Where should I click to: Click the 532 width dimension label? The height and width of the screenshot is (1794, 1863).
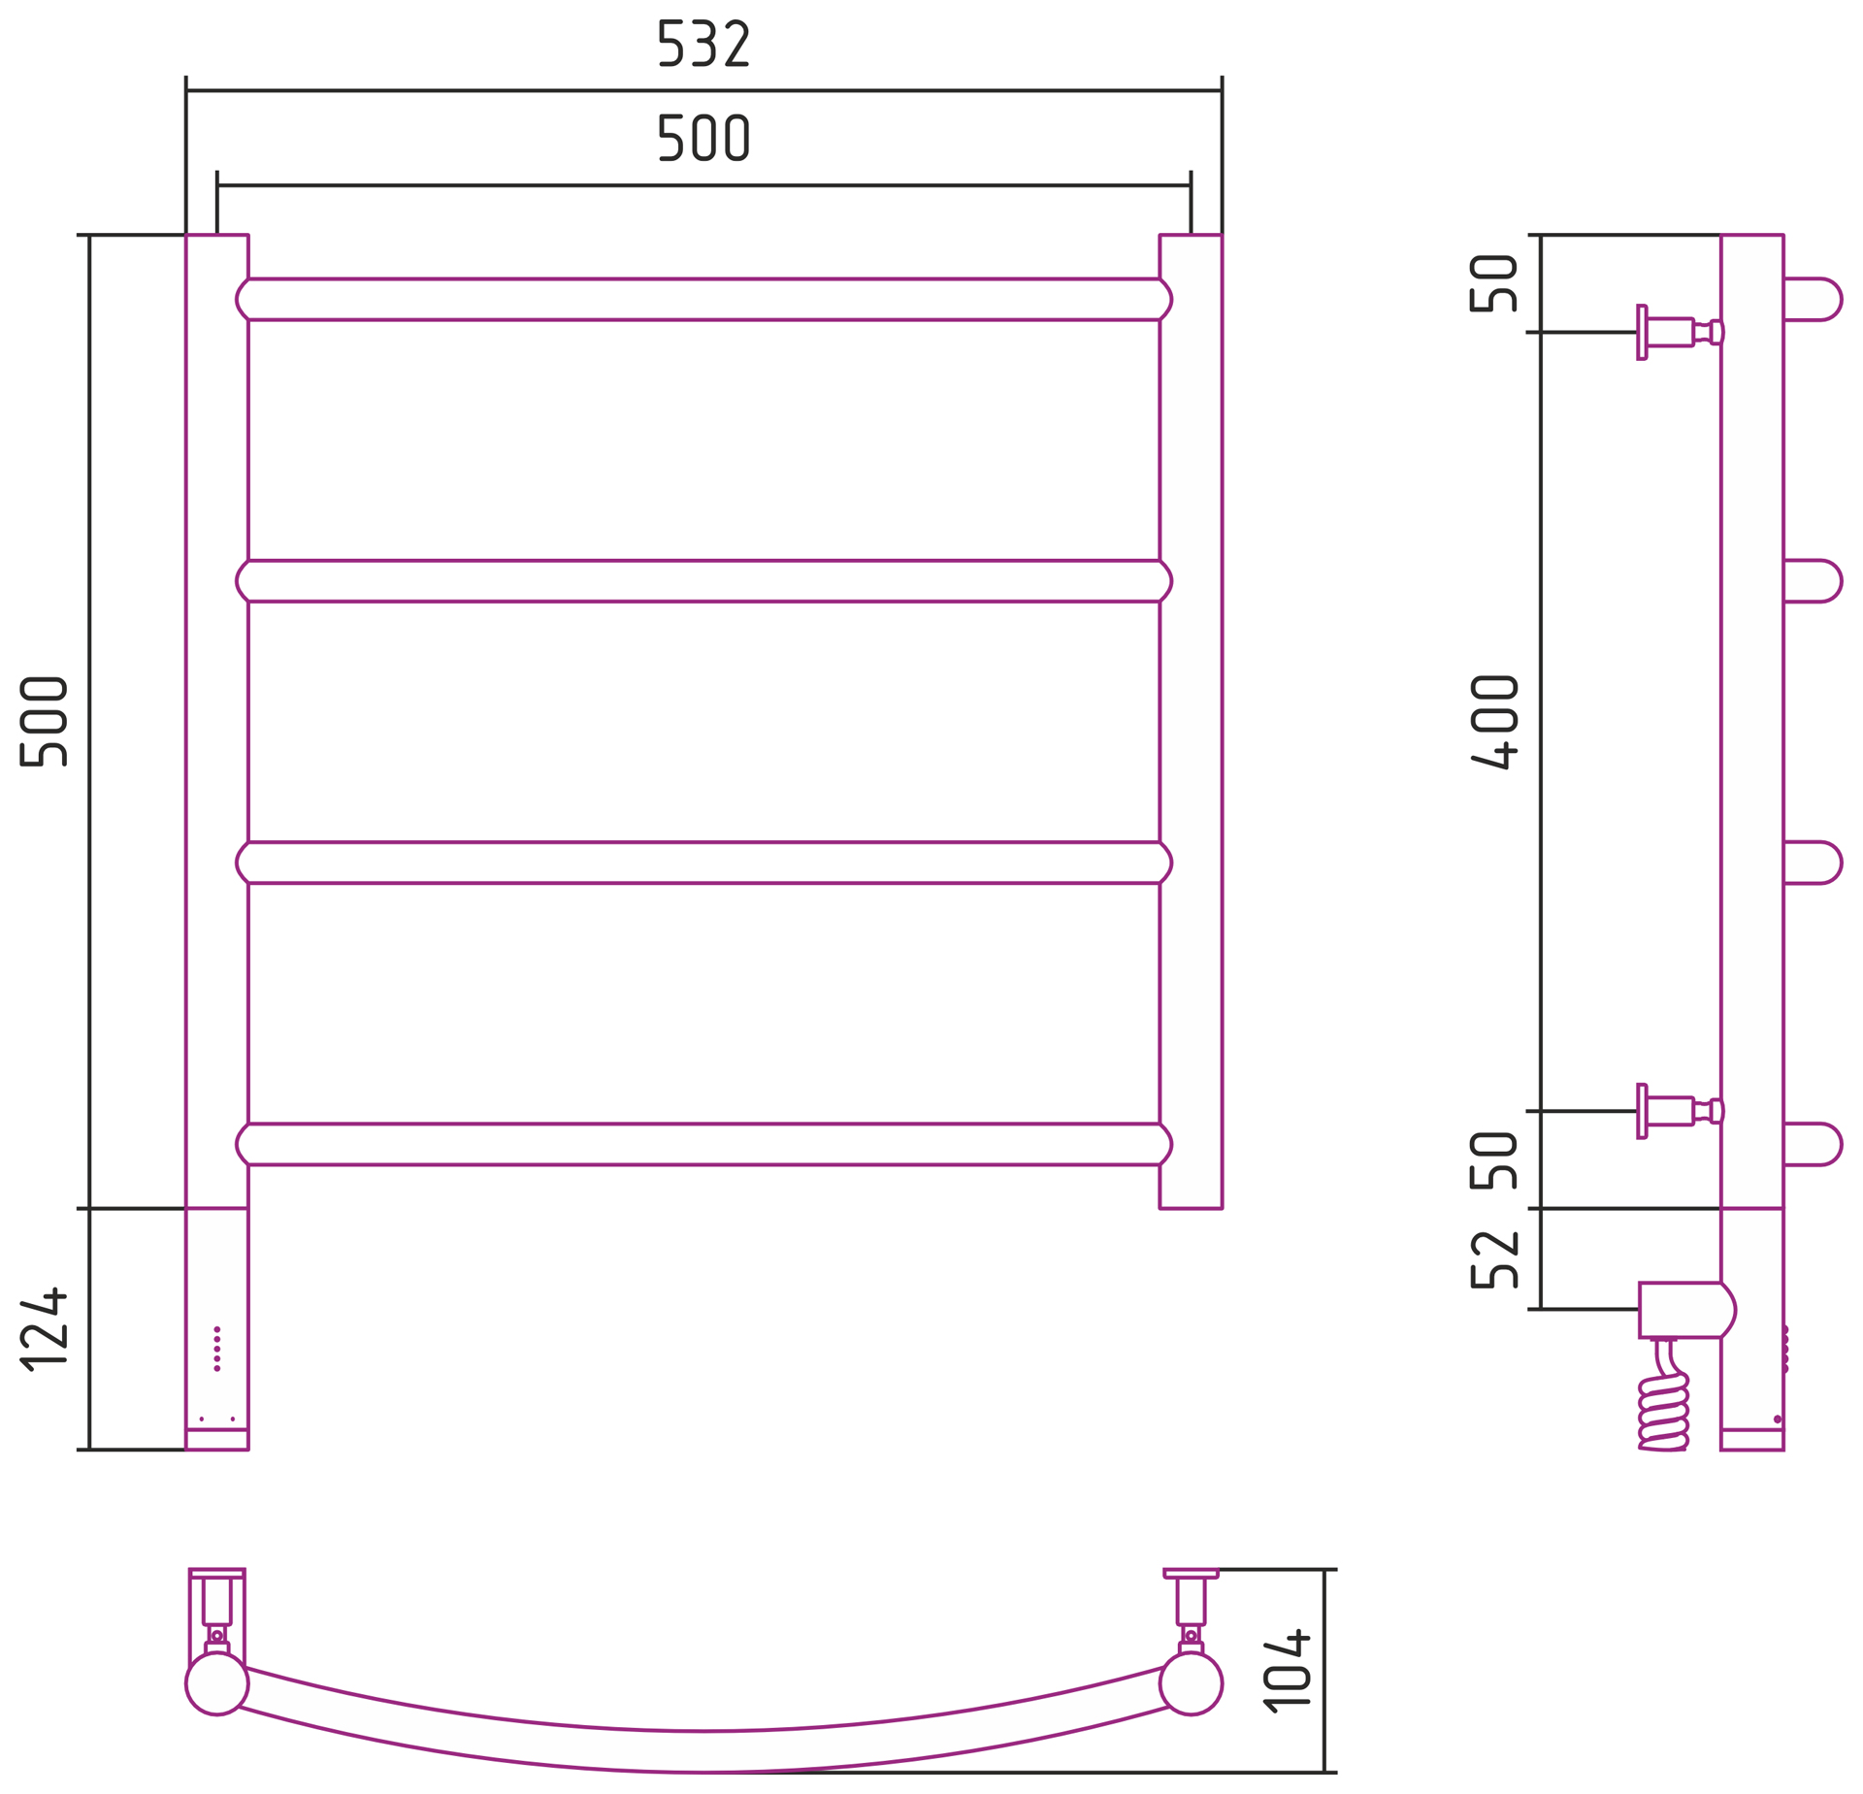(x=703, y=44)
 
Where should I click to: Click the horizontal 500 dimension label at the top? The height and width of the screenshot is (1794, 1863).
(x=703, y=138)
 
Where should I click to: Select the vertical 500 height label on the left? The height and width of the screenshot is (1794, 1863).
(x=44, y=721)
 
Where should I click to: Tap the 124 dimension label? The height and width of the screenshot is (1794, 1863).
(x=44, y=1328)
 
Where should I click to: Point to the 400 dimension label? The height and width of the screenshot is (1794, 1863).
(x=1494, y=721)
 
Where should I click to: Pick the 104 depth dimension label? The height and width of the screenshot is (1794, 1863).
(x=1287, y=1669)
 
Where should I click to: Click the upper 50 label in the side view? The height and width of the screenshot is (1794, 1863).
(x=1494, y=283)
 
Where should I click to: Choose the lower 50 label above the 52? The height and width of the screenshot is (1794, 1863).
(x=1494, y=1160)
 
